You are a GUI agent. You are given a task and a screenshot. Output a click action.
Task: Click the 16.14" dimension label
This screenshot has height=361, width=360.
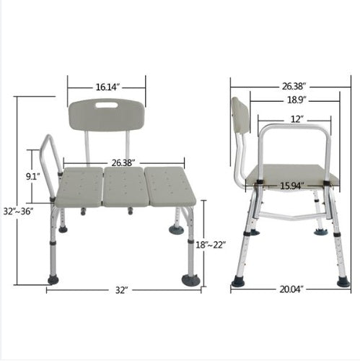tap(107, 87)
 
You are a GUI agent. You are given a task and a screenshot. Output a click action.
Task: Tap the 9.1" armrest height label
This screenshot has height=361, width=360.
tap(33, 177)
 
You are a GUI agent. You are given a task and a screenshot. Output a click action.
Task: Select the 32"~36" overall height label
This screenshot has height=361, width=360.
tap(18, 212)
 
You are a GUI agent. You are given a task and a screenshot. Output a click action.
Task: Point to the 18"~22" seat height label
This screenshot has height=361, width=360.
tap(211, 245)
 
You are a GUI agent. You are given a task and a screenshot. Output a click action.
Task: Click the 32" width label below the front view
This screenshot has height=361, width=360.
tap(120, 290)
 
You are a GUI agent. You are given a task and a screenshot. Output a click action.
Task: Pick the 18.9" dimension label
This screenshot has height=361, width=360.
tap(297, 100)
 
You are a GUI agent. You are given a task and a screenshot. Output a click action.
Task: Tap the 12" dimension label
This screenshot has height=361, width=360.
tap(297, 119)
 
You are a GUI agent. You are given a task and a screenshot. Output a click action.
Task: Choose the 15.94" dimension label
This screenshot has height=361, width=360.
tap(291, 186)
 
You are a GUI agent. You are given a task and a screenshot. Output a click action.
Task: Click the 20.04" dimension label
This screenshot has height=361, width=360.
tap(291, 290)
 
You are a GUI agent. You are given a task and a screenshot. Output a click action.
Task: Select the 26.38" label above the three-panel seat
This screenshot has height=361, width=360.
tap(122, 163)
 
